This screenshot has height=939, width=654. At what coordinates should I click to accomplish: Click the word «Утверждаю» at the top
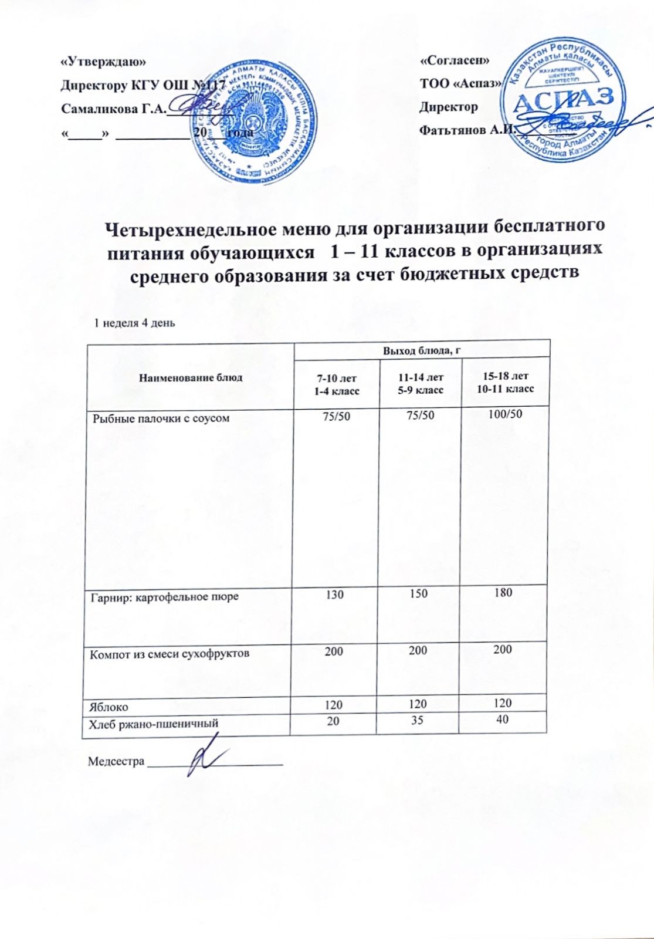pos(101,61)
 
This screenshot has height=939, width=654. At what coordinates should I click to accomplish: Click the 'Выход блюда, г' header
pos(420,351)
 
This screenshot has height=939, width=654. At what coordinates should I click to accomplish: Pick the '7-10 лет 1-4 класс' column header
pos(335,384)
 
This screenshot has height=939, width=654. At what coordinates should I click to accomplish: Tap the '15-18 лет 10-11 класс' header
pos(505,382)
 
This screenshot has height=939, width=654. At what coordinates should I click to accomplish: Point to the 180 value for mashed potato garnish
pos(503,593)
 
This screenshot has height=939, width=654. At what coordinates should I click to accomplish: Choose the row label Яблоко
pos(109,707)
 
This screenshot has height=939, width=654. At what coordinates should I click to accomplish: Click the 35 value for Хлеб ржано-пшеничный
pos(417,721)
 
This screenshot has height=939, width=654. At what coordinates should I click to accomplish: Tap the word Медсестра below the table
pos(116,762)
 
